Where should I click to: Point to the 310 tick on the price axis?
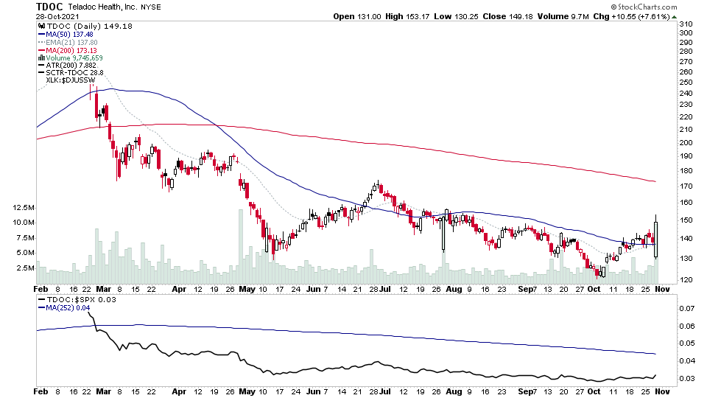click(x=687, y=23)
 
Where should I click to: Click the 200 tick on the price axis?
click(x=687, y=142)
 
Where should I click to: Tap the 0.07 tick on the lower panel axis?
click(x=687, y=308)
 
